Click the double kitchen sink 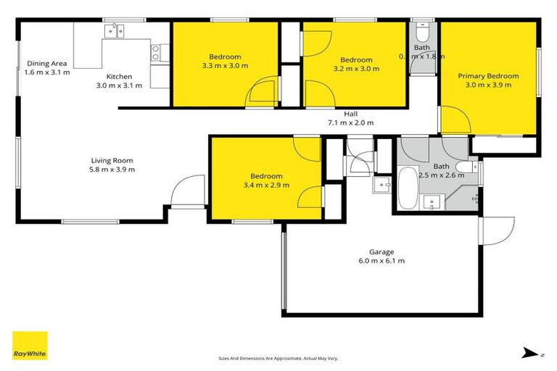click(x=115, y=30)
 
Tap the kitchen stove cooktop click(x=155, y=52)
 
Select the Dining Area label click(x=47, y=63)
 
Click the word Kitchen click(x=119, y=76)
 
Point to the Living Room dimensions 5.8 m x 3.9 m click(x=112, y=170)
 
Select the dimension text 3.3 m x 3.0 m click(x=224, y=66)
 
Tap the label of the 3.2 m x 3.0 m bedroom click(x=356, y=60)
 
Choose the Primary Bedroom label click(x=487, y=76)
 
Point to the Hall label click(x=350, y=114)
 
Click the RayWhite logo click(x=30, y=346)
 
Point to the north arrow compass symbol click(x=529, y=353)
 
